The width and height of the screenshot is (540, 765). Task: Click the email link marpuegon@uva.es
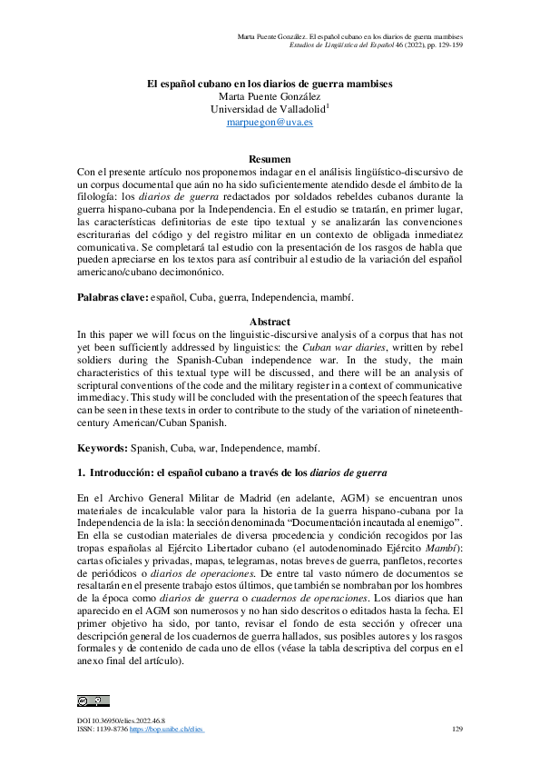270,122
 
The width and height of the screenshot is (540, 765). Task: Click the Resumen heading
270,159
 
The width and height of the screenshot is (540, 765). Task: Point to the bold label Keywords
102,448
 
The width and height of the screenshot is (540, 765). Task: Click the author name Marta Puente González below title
270,96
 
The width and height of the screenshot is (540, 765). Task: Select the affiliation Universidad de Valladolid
267,109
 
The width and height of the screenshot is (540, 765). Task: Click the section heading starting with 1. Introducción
232,473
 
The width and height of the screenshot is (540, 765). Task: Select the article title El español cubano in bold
270,84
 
